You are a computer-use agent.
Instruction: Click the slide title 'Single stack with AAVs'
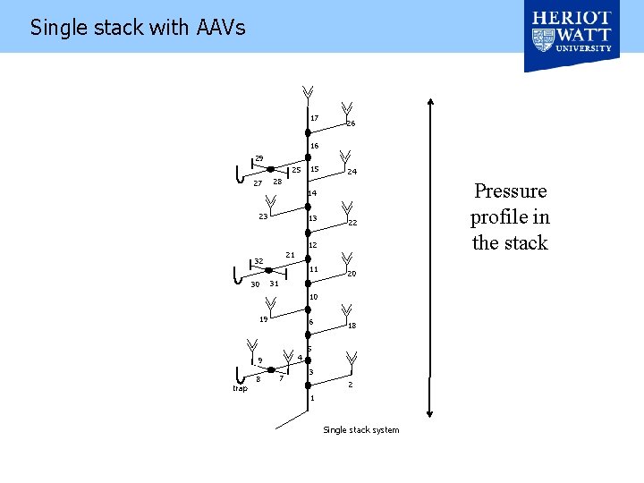coord(138,28)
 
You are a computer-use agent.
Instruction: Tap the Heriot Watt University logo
coord(572,36)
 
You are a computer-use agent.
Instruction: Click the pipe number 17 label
coord(314,118)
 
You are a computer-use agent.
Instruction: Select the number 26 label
coord(351,123)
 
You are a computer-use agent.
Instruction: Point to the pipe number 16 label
coord(314,146)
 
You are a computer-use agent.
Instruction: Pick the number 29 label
coord(259,158)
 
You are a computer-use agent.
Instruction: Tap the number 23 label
coord(263,216)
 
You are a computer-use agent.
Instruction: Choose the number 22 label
coord(352,223)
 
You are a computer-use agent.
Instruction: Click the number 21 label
coord(290,255)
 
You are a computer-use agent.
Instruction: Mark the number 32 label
coord(258,261)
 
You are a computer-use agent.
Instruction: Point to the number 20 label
coord(352,274)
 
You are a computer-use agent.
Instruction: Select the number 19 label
coord(263,318)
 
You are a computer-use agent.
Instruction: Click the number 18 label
coord(352,326)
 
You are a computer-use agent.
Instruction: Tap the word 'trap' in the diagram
coord(240,388)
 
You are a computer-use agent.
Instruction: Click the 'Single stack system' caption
coord(360,430)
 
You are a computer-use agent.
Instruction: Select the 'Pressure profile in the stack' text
coord(510,216)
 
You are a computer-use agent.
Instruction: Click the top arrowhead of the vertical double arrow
coord(431,102)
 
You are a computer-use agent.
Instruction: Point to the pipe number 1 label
coord(312,398)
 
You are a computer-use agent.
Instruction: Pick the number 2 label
coord(350,385)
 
